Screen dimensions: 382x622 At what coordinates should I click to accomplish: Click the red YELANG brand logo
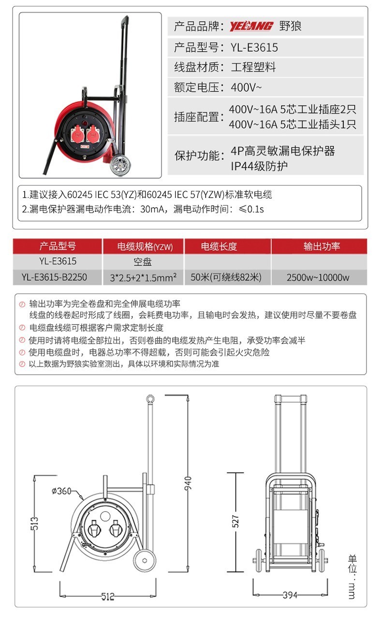coord(251,26)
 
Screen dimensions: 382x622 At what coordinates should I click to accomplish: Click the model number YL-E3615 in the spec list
coord(254,47)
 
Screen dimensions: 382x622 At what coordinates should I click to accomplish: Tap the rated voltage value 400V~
coord(246,87)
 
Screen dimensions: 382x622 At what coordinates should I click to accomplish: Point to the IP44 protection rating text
coord(259,166)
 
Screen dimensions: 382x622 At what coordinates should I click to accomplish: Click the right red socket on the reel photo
coord(94,134)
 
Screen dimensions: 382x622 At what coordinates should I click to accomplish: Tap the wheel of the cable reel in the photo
coord(120,166)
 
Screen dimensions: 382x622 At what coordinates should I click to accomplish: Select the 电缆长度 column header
coord(219,246)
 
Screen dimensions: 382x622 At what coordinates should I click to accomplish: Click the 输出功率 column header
coord(322,246)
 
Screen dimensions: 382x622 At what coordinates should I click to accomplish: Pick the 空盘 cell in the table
coord(143,262)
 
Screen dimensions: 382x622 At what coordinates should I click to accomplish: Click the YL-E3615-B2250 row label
coord(54,277)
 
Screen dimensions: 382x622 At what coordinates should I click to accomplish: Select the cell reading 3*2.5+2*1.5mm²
coord(143,277)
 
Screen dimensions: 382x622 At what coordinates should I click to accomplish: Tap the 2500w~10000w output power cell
coord(318,277)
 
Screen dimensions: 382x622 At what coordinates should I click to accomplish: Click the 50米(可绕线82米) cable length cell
coord(226,277)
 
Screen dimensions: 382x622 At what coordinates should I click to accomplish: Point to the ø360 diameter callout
coord(61,491)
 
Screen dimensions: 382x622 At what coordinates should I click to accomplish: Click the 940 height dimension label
coord(188,483)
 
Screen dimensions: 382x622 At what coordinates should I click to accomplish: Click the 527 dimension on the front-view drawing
coord(235,522)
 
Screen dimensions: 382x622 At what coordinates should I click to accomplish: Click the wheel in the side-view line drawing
coord(144,560)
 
